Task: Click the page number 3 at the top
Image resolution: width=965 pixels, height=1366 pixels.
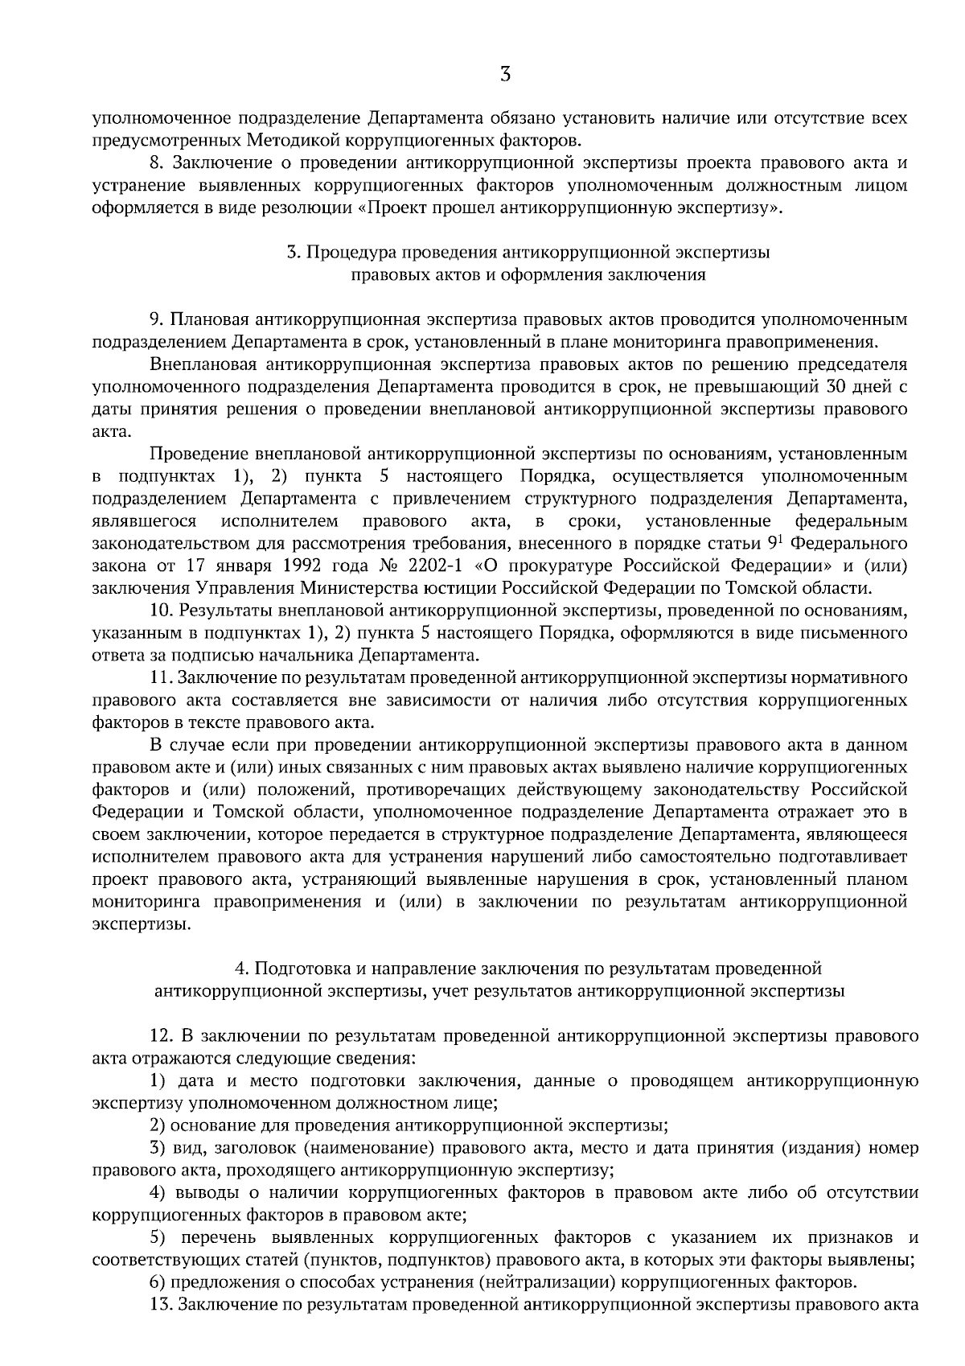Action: [x=505, y=75]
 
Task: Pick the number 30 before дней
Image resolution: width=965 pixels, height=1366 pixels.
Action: [x=836, y=386]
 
